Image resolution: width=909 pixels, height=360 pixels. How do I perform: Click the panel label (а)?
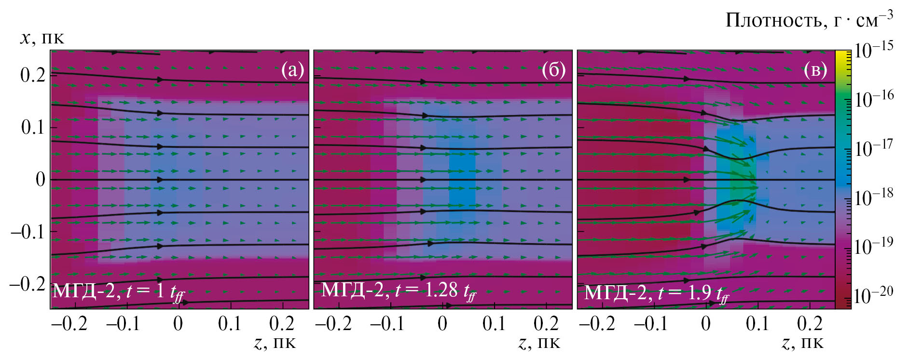[292, 70]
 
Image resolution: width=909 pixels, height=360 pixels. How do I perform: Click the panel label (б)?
[553, 70]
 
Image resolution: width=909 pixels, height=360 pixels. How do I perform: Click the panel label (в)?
[815, 70]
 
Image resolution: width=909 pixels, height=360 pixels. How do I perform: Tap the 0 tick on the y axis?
[41, 180]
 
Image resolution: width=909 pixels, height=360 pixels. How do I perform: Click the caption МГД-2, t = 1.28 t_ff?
[399, 291]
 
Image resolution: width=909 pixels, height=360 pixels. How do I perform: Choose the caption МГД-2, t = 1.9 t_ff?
[656, 293]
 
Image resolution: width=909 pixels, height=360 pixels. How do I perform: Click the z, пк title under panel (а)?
[274, 343]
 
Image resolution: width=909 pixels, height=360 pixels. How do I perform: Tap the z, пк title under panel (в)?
[802, 343]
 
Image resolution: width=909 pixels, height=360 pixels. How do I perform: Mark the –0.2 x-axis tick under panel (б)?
[333, 323]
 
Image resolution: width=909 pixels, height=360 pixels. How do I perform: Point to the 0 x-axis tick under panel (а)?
[178, 323]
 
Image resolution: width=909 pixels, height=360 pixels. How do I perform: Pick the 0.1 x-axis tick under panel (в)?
[757, 323]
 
